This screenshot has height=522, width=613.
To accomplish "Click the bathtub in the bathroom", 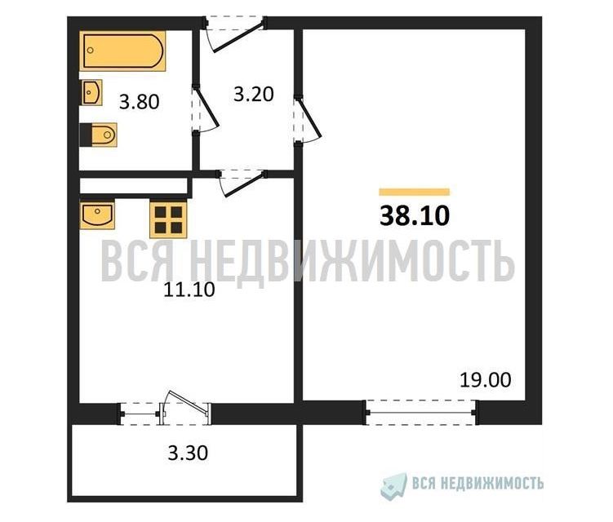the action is click(122, 51).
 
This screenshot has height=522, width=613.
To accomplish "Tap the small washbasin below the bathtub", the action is click(92, 93).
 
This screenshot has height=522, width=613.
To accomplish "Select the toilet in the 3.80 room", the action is click(99, 135).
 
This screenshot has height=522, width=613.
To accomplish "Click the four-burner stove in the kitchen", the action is click(168, 219).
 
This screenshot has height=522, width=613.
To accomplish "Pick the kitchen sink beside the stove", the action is click(97, 215).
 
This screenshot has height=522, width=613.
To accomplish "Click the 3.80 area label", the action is click(140, 103).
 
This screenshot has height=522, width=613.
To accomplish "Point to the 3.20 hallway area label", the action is click(253, 95).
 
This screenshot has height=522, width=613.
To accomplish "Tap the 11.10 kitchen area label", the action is click(189, 290).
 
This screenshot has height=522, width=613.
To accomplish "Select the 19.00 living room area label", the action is click(485, 380).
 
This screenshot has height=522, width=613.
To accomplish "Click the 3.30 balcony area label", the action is click(188, 453).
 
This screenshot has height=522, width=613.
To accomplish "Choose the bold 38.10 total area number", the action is click(415, 216).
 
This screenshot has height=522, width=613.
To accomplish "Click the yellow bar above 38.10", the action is click(415, 192).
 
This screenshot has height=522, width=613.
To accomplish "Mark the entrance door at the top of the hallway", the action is click(235, 33).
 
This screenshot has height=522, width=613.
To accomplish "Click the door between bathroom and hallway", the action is click(205, 110).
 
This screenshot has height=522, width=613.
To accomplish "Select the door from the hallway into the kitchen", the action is click(242, 183).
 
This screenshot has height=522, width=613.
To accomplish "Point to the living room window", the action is click(421, 412).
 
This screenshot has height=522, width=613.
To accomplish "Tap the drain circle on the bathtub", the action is click(91, 51).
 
